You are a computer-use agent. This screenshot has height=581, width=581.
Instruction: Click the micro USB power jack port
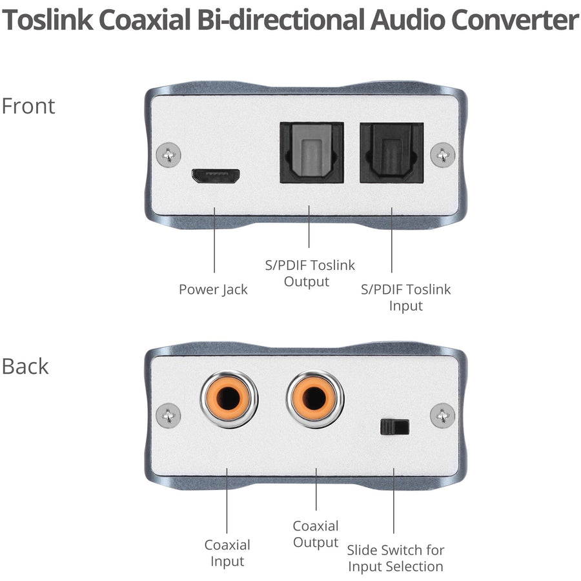point(215,176)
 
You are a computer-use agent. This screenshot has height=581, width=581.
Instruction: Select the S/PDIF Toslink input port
point(391,152)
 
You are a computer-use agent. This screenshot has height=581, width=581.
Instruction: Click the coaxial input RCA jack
point(229,399)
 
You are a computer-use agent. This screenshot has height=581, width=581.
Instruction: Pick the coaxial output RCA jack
point(316,399)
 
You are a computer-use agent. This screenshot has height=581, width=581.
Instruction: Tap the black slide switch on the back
point(395,427)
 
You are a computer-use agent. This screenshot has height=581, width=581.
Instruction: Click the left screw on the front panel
point(168,155)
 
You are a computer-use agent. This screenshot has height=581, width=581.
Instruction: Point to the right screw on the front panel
point(442,155)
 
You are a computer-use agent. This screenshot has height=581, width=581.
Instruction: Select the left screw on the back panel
point(168,414)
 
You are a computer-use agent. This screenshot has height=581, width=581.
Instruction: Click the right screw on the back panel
point(442,414)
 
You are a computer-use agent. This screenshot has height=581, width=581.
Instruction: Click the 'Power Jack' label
point(213,289)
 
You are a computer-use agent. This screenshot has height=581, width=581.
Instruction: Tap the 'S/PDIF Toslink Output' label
point(311,273)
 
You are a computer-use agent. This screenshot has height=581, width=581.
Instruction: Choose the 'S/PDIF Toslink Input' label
point(405,297)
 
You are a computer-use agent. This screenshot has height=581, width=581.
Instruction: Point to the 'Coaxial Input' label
point(227,553)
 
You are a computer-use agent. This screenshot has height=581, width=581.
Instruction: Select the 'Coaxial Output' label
point(316,534)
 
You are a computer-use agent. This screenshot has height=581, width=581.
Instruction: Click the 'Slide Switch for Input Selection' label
point(396,558)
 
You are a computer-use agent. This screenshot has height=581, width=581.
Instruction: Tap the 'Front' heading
point(28,106)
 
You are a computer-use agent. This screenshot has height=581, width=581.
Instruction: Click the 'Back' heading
point(25,366)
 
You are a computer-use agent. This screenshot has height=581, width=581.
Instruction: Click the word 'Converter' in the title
point(514,21)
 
